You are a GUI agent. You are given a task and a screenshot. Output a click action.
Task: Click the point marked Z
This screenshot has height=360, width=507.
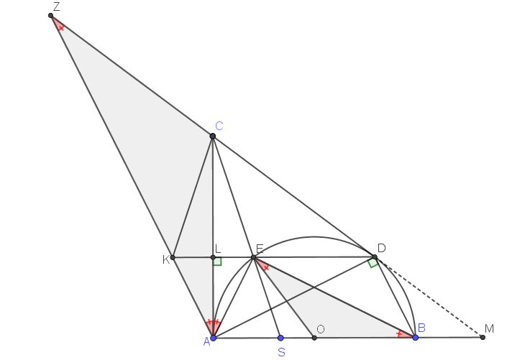pos(50,16)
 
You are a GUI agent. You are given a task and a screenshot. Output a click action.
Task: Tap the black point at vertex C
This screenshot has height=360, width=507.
pos(212,136)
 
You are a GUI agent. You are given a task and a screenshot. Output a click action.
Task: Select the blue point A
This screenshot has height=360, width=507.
pos(213,338)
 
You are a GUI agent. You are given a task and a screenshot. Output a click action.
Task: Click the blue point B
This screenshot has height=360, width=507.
pos(416,338)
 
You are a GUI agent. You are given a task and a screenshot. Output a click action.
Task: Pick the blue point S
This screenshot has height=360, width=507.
pos(280,338)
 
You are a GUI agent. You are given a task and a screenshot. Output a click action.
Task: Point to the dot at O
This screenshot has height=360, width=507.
pos(314,338)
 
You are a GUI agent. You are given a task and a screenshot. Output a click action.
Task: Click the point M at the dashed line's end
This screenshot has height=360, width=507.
pos(483,338)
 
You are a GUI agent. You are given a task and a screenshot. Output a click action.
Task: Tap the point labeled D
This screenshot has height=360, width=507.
pos(375,257)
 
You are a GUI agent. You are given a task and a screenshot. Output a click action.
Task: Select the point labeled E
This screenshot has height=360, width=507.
pos(253,257)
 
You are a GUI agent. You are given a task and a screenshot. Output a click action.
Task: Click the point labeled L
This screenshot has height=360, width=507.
pos(213,257)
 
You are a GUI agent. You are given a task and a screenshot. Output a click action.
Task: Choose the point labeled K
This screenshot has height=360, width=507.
pos(173,257)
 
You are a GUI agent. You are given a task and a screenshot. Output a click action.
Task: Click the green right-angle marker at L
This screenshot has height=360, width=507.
pos(218,262)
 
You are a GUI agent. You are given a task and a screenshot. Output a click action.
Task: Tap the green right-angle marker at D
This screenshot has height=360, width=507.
pos(373,263)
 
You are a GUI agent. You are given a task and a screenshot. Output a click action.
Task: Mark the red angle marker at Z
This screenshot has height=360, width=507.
pos(58,24)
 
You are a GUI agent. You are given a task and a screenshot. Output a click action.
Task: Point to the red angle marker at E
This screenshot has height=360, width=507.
pos(262,265)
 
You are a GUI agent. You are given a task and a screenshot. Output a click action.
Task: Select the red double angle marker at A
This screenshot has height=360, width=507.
pos(213,327)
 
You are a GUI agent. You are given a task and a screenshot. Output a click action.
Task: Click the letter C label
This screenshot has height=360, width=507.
pos(219,126)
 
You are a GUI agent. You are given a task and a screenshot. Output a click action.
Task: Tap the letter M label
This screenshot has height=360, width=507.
pos(490,328)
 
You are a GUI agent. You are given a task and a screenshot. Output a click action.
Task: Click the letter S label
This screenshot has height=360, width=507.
pos(282,352)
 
